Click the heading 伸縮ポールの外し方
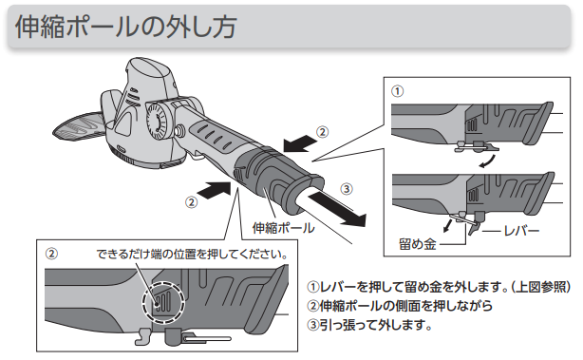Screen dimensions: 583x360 125,27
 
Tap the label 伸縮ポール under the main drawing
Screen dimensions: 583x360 283,228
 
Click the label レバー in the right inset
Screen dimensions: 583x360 521,231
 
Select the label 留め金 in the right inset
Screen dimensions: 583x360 417,244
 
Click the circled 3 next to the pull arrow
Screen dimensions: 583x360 347,189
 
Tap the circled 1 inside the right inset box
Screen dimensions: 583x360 398,91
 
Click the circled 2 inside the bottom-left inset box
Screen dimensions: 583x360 51,254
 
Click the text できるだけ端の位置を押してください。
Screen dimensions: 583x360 192,254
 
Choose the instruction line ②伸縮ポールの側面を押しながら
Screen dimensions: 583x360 400,306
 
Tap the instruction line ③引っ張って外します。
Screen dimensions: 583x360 369,325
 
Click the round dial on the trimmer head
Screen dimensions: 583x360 156,120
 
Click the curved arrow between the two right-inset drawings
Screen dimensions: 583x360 488,162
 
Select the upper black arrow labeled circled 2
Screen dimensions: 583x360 300,144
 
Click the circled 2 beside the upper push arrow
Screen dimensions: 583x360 323,132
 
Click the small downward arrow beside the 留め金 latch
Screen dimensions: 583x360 447,225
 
